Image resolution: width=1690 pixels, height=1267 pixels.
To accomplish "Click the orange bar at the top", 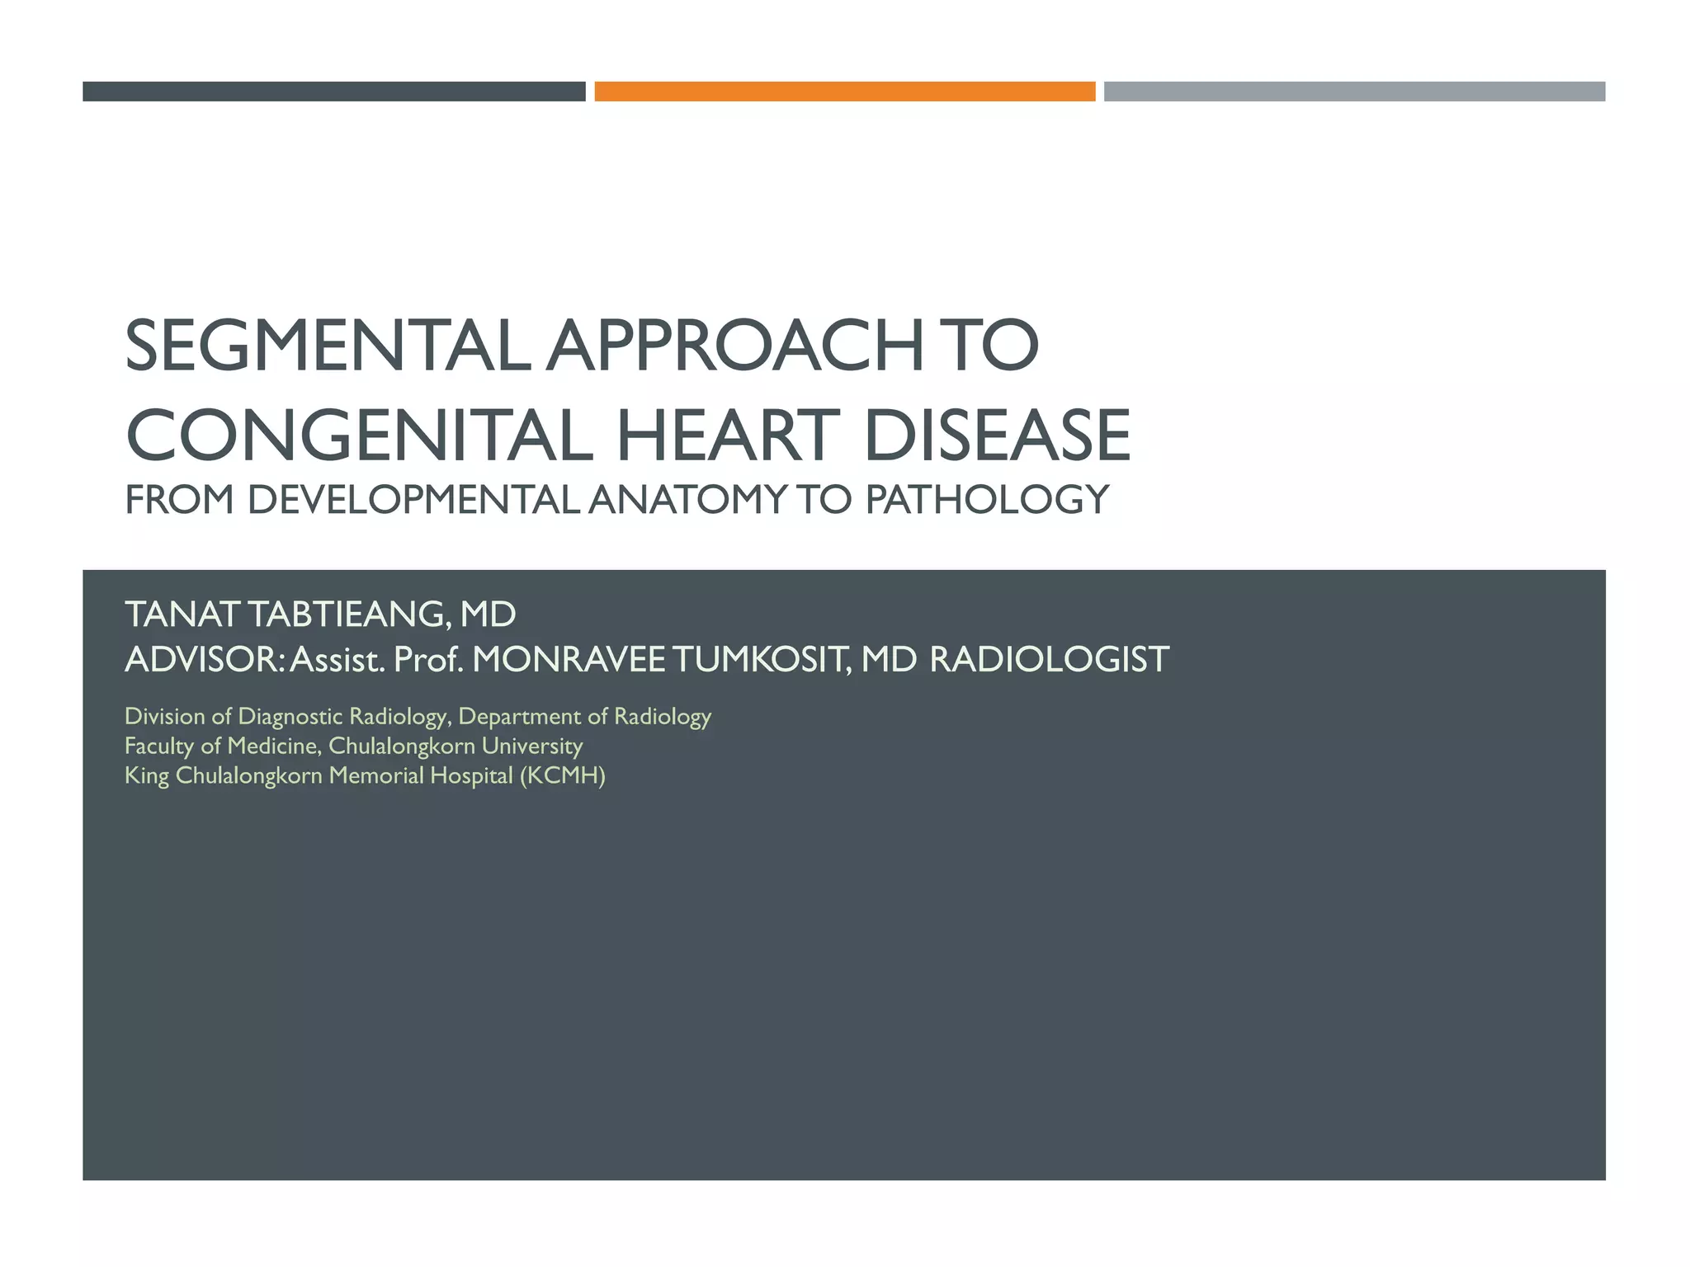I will pyautogui.click(x=844, y=92).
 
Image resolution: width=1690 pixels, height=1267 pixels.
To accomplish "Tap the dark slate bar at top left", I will pyautogui.click(x=333, y=92).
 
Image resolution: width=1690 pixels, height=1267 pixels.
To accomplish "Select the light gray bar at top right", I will pyautogui.click(x=1354, y=92).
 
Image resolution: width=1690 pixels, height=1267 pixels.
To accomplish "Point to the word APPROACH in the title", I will pyautogui.click(x=734, y=346).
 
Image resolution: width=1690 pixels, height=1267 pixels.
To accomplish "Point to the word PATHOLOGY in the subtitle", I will pyautogui.click(x=987, y=500).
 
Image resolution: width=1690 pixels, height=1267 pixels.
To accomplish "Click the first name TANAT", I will pyautogui.click(x=182, y=615).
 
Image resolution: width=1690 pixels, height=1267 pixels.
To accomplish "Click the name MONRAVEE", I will pyautogui.click(x=568, y=660).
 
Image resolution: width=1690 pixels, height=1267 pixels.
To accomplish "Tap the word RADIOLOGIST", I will pyautogui.click(x=1049, y=660).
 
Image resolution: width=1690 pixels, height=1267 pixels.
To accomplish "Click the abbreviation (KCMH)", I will pyautogui.click(x=562, y=775).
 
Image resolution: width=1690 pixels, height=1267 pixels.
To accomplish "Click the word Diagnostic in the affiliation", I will pyautogui.click(x=290, y=716).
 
